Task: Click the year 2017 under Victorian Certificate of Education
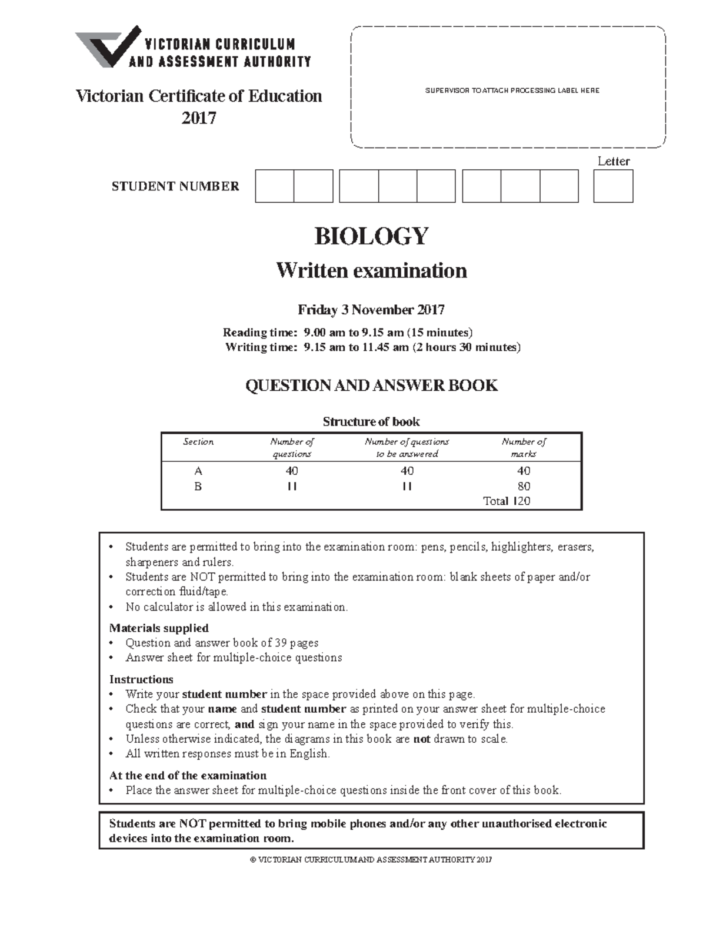198,118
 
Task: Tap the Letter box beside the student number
613,186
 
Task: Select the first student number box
274,186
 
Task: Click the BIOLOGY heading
371,236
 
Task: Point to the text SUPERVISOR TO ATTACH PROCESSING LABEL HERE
512,90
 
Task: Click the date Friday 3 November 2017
371,310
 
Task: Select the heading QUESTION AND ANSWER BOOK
371,386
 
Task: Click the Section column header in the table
198,442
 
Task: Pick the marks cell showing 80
523,487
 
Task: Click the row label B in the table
198,487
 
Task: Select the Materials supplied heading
159,628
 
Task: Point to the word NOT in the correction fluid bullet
202,577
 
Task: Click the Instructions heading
141,679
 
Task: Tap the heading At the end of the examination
188,775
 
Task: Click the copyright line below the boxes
371,860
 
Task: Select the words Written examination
371,271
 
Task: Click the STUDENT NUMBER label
175,187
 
